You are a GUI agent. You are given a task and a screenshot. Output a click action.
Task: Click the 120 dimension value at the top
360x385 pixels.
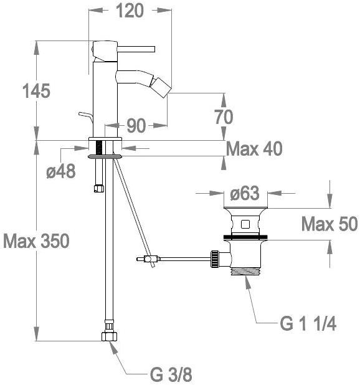click(130, 11)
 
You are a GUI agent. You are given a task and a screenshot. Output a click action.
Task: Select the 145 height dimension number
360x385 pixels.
click(36, 91)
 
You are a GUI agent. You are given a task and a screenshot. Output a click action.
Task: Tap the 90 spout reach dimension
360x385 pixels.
click(136, 126)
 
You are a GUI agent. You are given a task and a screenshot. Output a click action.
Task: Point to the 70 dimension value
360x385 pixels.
click(224, 117)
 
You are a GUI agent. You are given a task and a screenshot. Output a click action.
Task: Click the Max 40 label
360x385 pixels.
click(254, 149)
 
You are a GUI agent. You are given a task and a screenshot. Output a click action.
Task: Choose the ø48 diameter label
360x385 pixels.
click(61, 171)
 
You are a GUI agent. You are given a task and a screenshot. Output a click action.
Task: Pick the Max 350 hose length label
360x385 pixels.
click(36, 241)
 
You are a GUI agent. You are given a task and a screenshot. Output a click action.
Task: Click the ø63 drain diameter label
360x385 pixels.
click(245, 193)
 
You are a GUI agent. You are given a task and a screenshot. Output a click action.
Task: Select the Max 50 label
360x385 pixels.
click(329, 224)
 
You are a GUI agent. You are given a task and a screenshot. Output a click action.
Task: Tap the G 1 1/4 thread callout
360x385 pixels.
click(308, 324)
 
